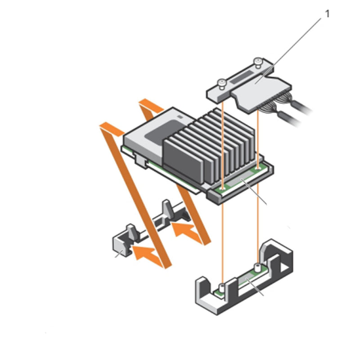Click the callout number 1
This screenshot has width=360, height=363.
click(327, 14)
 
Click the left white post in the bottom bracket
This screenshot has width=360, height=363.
click(222, 286)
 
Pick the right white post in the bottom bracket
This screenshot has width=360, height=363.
click(256, 265)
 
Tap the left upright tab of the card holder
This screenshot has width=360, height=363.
click(131, 231)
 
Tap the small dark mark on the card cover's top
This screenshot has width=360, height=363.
click(180, 116)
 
